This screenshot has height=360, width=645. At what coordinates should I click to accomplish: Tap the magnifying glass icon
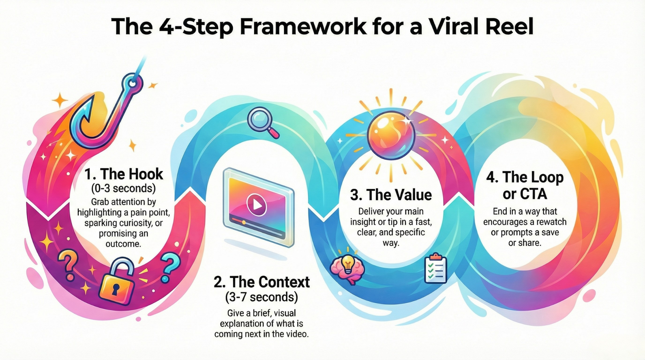click(x=263, y=123)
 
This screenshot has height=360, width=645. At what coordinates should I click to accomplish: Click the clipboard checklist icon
click(x=436, y=269)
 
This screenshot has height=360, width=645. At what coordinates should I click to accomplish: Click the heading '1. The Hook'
click(x=124, y=174)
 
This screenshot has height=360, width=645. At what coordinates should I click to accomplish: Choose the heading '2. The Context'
click(x=261, y=282)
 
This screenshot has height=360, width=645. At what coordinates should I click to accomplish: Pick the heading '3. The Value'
click(x=391, y=195)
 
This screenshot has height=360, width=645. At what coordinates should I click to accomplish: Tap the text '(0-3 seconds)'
click(x=123, y=188)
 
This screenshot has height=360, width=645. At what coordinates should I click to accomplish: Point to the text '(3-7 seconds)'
click(x=262, y=297)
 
